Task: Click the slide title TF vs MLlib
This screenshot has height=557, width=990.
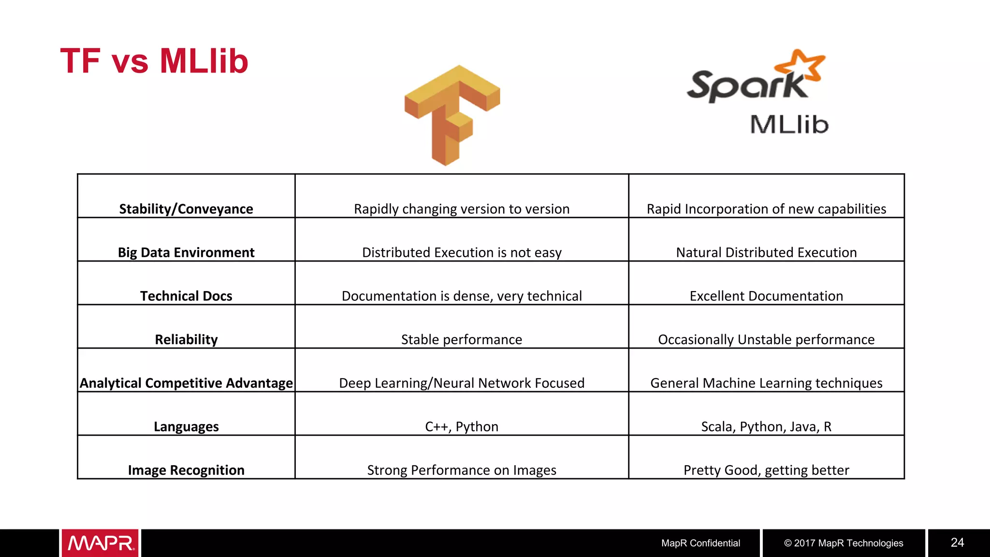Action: coord(154,61)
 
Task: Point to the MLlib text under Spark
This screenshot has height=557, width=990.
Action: coord(789,125)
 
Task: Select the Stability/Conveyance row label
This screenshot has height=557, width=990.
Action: coord(186,209)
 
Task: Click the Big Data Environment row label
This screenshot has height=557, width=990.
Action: coord(186,252)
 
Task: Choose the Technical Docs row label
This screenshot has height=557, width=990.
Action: coord(186,296)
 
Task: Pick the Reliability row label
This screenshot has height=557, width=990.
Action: coord(186,339)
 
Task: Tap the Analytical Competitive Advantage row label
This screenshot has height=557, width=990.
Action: coord(186,383)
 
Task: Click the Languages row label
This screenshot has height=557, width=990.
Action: coord(186,426)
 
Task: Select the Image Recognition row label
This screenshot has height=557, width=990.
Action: coord(186,470)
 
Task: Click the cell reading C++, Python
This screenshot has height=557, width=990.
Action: coord(462,426)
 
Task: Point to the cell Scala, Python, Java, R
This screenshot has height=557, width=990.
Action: coord(766,426)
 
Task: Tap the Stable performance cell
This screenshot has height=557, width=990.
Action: coord(462,339)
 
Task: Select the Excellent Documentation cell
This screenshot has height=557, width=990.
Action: coord(766,296)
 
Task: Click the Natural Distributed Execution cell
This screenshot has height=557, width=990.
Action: coord(766,252)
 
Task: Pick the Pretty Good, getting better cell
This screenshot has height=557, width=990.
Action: coord(766,470)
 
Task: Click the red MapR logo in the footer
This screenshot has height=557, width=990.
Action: coord(100,543)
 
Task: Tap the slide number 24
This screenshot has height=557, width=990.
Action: coord(957,542)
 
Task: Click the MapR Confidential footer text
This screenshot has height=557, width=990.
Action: coord(700,543)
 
